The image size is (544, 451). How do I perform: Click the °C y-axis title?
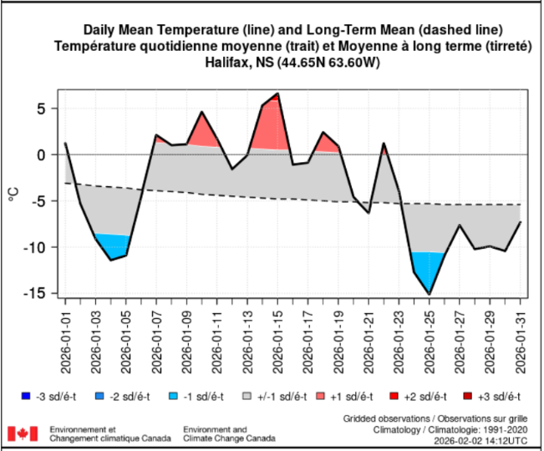tap(14, 194)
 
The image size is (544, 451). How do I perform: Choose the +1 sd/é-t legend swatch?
tap(324, 395)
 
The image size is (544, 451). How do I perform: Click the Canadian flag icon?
tap(23, 433)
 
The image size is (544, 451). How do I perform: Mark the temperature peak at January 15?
tap(277, 94)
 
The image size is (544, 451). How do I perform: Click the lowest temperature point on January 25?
tap(430, 294)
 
